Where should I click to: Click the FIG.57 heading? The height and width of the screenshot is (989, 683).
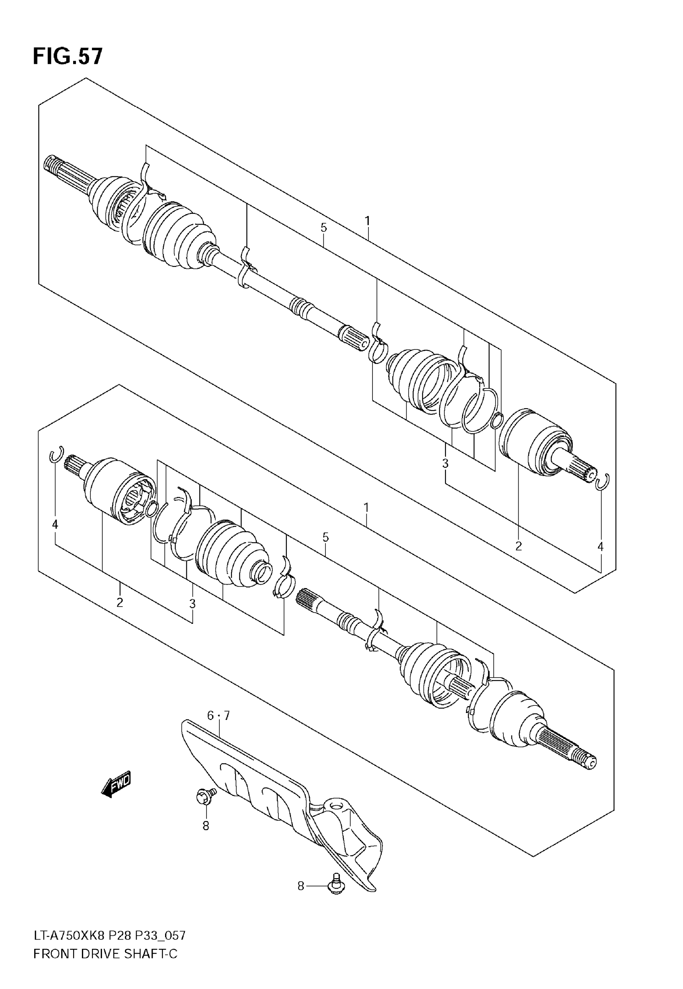point(67,57)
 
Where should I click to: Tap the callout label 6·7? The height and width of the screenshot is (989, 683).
point(218,715)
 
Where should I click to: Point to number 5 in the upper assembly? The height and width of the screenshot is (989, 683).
point(323,228)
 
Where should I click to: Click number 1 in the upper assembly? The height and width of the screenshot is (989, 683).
point(367,221)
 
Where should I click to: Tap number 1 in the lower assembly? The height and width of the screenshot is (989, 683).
point(366,508)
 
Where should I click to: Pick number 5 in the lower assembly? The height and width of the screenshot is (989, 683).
point(325,537)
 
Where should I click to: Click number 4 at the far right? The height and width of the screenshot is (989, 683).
point(600,547)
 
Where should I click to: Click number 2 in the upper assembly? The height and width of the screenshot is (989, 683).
point(518,546)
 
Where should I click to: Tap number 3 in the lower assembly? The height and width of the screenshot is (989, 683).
point(192,604)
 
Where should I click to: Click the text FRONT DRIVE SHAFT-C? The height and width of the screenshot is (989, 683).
point(105,966)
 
